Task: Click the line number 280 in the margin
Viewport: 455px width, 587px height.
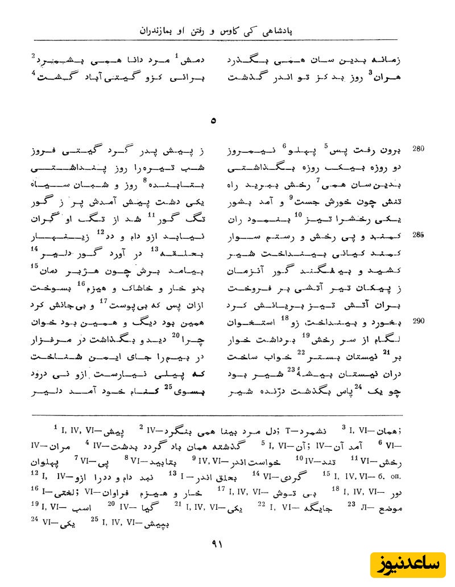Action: coord(419,150)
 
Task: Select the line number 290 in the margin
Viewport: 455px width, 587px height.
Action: coord(419,321)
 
